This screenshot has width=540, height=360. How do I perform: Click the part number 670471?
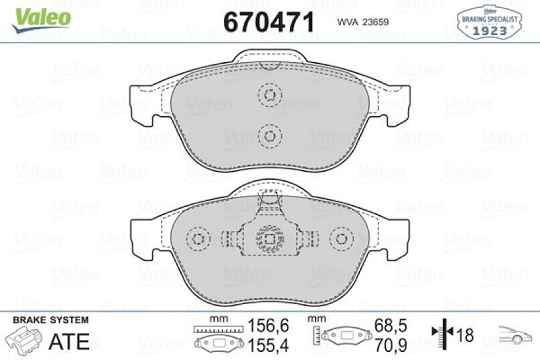pyautogui.click(x=269, y=21)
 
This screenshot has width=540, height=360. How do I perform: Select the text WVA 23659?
pyautogui.click(x=363, y=21)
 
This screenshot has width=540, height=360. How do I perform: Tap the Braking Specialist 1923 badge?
pyautogui.click(x=489, y=21)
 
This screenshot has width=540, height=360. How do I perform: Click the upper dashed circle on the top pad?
pyautogui.click(x=270, y=95)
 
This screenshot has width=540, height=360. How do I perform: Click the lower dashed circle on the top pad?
pyautogui.click(x=270, y=136)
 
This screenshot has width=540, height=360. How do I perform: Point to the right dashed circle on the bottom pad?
pyautogui.click(x=341, y=239)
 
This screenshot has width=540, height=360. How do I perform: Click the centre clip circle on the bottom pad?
pyautogui.click(x=270, y=239)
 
